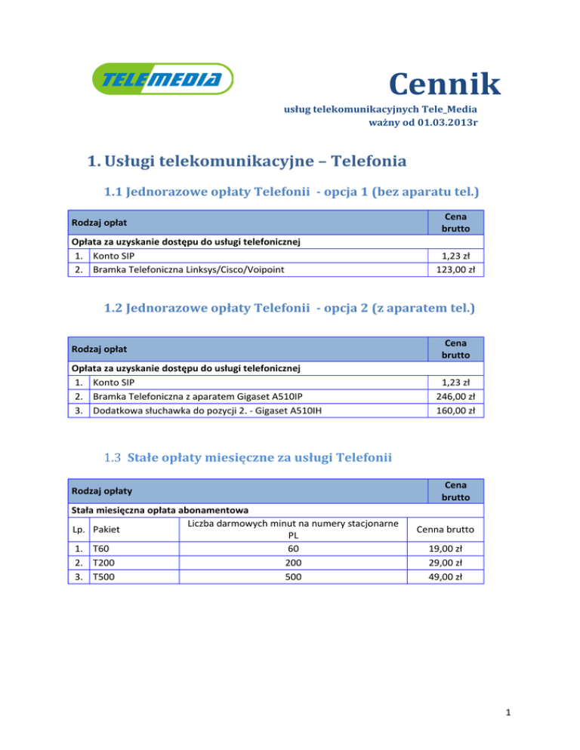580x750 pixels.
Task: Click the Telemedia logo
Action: coord(162,79)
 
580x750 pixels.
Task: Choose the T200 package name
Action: coord(103,563)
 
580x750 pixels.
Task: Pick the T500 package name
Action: coord(103,577)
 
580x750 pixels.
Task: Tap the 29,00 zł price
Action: coord(445,563)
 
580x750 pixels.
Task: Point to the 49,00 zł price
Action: coord(445,577)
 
